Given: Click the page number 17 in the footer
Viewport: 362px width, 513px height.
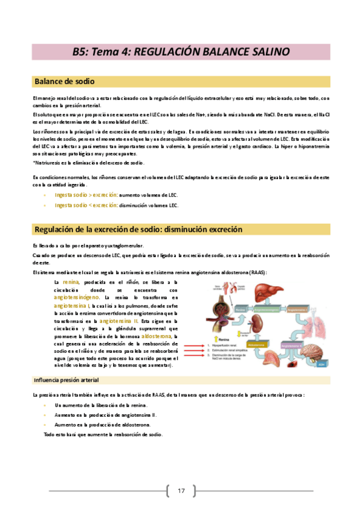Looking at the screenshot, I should pyautogui.click(x=181, y=490).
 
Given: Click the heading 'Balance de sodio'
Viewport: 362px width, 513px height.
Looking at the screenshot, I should pyautogui.click(x=65, y=82).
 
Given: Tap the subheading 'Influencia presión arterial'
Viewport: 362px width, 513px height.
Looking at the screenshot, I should pyautogui.click(x=66, y=380).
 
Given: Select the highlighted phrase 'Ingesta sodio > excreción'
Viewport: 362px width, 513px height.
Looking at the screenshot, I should pyautogui.click(x=86, y=195).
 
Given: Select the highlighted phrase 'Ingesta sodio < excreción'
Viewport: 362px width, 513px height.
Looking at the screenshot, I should pyautogui.click(x=86, y=206).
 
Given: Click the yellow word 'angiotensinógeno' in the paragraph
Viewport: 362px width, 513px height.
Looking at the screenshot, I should pyautogui.click(x=77, y=298).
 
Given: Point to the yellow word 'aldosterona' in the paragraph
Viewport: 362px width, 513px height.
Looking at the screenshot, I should pyautogui.click(x=157, y=335).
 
